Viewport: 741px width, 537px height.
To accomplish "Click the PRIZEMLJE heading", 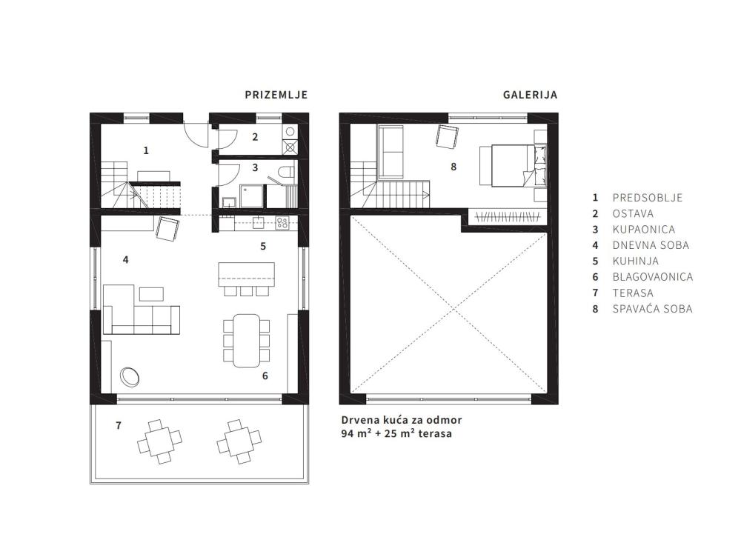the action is (x=276, y=95).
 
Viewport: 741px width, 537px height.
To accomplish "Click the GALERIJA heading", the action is (x=530, y=95).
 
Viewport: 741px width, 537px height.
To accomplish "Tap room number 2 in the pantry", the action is (x=255, y=137).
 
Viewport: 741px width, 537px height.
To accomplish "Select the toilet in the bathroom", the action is (x=285, y=173).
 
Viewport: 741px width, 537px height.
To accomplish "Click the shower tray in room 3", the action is (x=251, y=196).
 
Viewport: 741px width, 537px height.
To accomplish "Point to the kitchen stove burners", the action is (x=282, y=223).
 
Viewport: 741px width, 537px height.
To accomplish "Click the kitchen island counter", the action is (x=246, y=274).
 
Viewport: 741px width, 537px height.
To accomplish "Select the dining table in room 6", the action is (x=246, y=341).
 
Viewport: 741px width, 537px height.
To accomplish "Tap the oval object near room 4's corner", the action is (x=129, y=376).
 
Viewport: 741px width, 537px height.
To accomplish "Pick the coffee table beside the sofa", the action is (x=151, y=294).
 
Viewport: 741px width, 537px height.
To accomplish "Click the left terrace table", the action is (x=159, y=441).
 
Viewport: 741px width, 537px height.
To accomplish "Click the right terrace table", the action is (x=239, y=441).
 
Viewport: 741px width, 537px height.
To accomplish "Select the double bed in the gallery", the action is (x=513, y=166).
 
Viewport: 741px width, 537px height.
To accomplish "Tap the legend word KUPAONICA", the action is (x=644, y=230).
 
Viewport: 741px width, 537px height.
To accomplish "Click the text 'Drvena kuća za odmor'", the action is (x=402, y=420).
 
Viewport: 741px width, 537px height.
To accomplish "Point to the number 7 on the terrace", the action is (x=118, y=426).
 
